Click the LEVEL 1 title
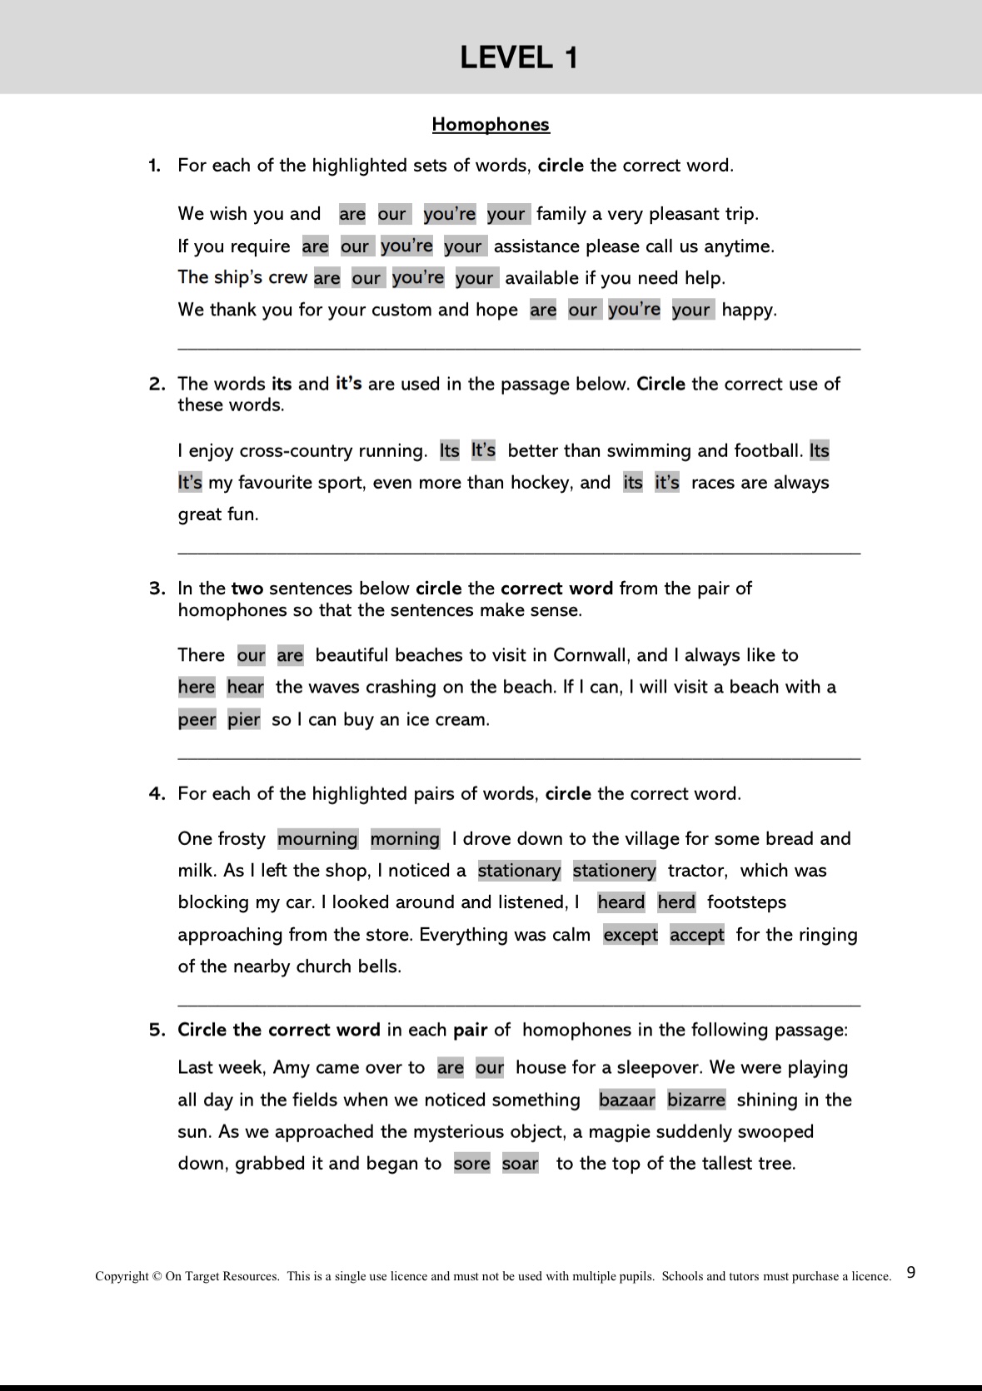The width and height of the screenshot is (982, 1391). coord(518,57)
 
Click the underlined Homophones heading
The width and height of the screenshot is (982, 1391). coord(491,125)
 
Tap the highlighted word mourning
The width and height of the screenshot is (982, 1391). coord(317,838)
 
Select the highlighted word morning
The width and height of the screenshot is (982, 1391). coord(405,838)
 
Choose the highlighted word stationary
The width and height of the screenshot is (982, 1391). coord(519,871)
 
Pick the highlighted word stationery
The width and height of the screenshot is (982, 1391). coord(614,871)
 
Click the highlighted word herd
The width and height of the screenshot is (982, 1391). coord(676,902)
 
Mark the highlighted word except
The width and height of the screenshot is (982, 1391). coord(631,935)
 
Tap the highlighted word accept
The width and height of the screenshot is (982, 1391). coord(697,935)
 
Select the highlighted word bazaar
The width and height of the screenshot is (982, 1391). coord(626,1100)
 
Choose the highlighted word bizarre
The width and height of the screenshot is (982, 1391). coord(696,1100)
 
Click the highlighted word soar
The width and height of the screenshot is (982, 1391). coord(521,1164)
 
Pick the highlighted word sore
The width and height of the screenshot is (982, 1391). coord(471,1164)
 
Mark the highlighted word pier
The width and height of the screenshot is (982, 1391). coord(244,719)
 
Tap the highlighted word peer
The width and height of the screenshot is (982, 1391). coord(197,719)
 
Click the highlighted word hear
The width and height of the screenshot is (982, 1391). coord(246,688)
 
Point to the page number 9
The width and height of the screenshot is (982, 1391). coord(910,1272)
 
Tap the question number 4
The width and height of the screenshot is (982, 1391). coord(157,793)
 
